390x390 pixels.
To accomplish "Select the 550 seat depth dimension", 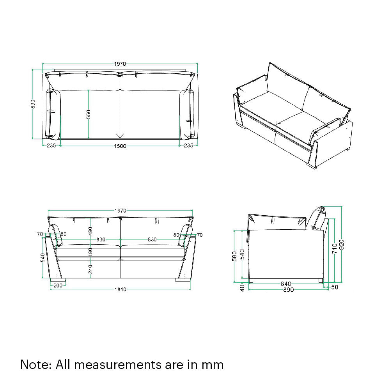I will (89, 114).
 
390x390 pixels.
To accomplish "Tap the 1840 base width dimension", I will (120, 289).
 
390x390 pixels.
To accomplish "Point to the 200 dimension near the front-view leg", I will (57, 285).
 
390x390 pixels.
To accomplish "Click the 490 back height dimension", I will (90, 231).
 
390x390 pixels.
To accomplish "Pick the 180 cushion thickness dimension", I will (90, 252).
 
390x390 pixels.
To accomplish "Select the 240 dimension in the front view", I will (90, 269).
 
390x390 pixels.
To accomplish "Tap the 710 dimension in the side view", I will (334, 249).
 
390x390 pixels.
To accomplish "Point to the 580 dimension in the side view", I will (234, 256).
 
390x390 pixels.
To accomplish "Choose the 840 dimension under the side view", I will (286, 284).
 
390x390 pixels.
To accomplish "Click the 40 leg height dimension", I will (242, 288).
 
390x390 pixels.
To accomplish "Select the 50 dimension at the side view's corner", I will (334, 287).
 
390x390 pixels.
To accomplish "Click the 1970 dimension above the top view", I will (120, 64).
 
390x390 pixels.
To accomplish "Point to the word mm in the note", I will (213, 365).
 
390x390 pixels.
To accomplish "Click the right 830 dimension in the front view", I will (152, 239).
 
